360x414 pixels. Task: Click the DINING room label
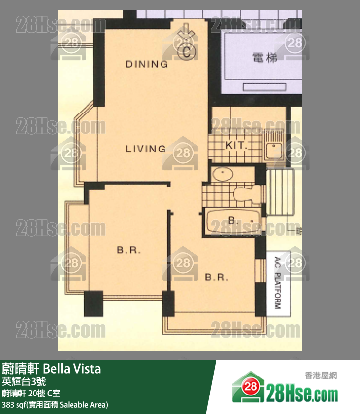(x=146, y=64)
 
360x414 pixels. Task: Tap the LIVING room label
(x=145, y=149)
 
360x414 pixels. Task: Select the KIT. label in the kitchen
(x=236, y=145)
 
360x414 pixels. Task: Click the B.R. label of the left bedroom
(x=128, y=251)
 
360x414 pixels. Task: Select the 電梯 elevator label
(x=265, y=58)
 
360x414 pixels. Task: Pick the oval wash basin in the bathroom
(x=224, y=174)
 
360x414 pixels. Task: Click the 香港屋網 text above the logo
(x=321, y=376)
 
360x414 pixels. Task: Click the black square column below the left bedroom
(x=93, y=303)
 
